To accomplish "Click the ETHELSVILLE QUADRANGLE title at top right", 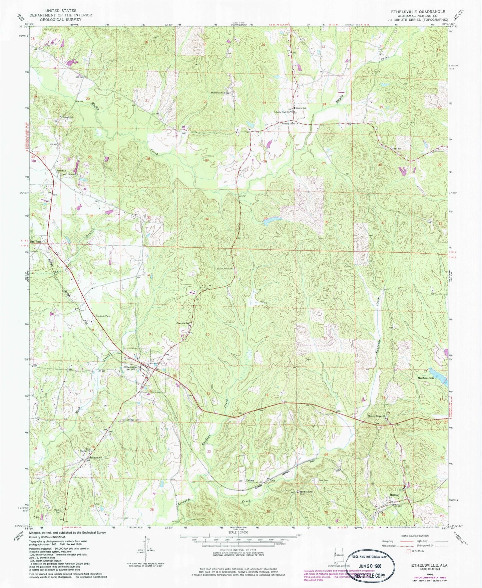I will pyautogui.click(x=415, y=11).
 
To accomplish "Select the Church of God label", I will pyautogui.click(x=183, y=323).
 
